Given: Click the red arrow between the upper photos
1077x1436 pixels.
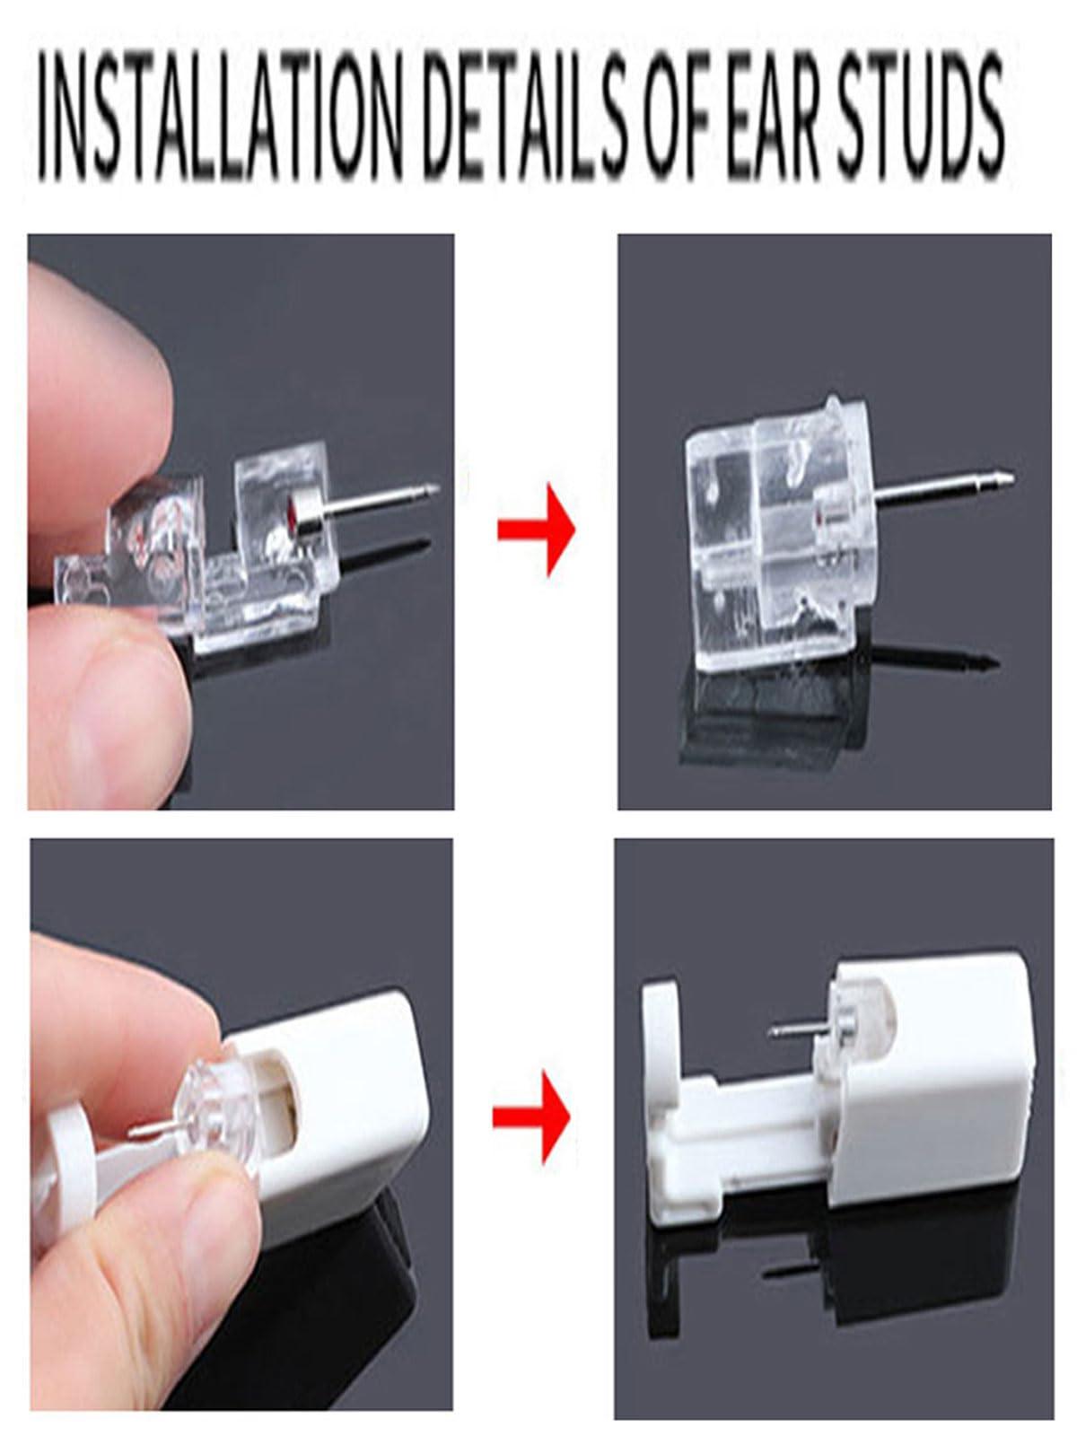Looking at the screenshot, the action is coord(536,530).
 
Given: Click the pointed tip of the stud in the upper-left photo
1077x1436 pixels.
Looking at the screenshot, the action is coord(437,486).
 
